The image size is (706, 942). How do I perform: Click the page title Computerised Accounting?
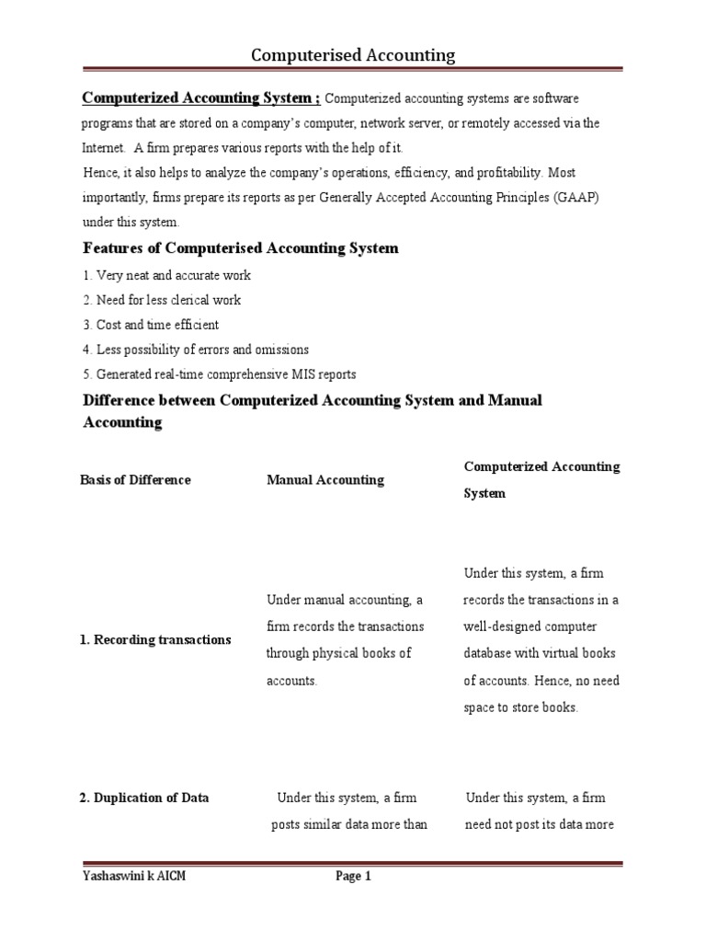353,55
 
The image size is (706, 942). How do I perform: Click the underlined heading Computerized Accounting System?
201,98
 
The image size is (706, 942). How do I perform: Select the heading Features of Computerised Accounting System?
241,248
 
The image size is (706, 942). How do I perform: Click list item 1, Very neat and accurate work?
166,275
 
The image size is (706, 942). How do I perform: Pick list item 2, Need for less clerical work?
162,300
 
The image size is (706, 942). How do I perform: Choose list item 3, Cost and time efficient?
151,325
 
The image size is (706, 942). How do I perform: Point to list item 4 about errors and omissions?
196,350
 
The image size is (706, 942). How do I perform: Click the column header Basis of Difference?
136,479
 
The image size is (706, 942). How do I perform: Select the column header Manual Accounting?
325,479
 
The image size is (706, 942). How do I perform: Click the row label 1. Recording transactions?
155,639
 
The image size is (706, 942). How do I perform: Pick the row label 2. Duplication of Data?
144,798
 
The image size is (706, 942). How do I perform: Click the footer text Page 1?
353,877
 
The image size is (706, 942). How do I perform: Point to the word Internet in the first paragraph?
103,148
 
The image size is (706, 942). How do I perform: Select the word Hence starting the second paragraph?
99,173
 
